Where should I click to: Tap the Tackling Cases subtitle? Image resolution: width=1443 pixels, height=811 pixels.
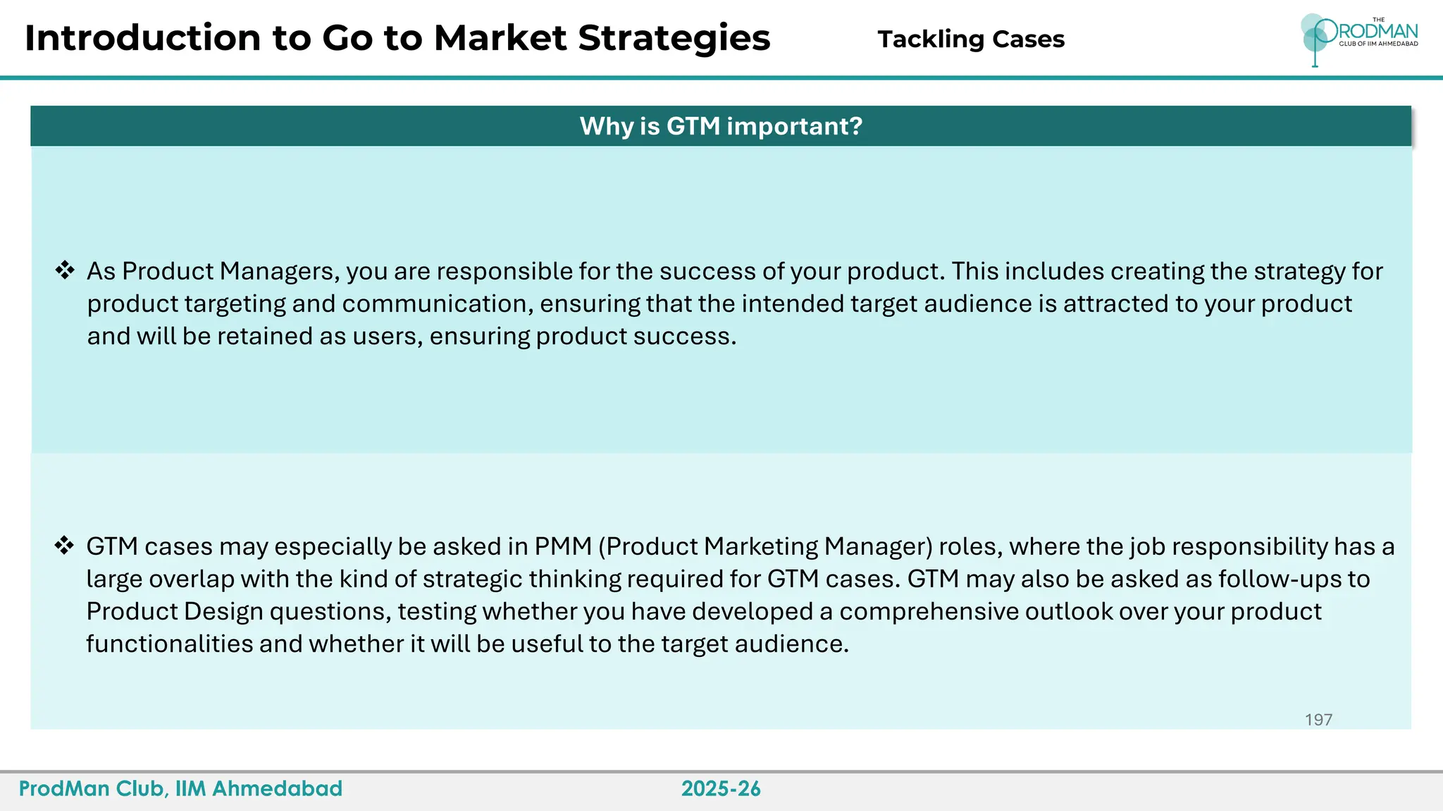click(x=970, y=39)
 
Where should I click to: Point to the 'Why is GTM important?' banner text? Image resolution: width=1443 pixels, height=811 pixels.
click(x=721, y=126)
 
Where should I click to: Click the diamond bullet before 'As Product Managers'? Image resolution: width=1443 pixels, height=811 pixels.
click(x=65, y=270)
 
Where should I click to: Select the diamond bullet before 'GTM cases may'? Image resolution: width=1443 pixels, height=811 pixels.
click(x=65, y=546)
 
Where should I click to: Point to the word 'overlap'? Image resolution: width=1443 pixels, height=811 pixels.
click(x=192, y=579)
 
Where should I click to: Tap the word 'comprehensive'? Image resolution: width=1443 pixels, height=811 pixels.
click(x=929, y=611)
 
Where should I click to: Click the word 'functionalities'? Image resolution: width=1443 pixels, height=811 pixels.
click(x=169, y=643)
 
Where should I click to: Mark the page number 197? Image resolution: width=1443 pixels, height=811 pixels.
click(x=1318, y=719)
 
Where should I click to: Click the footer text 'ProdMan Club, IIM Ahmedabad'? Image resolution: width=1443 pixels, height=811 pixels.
click(x=180, y=788)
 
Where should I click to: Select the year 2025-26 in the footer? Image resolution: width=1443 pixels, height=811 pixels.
click(x=721, y=788)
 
